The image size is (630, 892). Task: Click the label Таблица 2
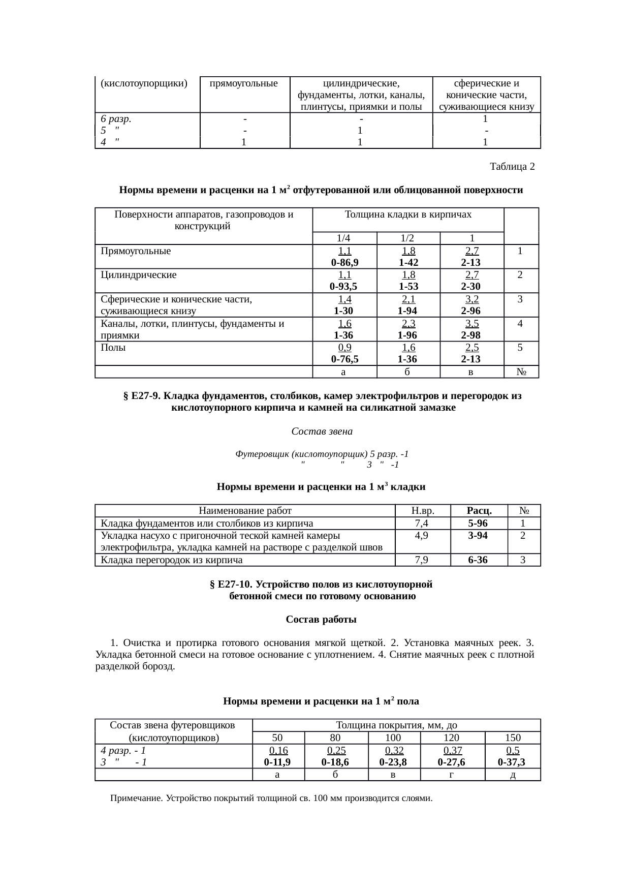512,167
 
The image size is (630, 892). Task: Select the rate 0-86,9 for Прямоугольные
344,262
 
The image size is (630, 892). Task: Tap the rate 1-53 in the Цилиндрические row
408,287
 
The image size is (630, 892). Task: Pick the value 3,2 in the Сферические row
472,299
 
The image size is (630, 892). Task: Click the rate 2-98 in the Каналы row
471,335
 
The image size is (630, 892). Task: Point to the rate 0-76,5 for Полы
344,359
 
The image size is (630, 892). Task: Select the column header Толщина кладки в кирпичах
408,214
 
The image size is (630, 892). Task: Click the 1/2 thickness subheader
408,238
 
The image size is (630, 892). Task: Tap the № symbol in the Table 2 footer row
521,372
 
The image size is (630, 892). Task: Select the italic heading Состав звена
322,432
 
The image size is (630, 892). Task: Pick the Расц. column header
479,511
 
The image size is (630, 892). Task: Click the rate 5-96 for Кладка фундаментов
479,524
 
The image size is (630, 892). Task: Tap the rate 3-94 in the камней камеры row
479,536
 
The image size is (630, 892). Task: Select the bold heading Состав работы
321,620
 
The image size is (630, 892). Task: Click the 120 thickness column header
451,738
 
